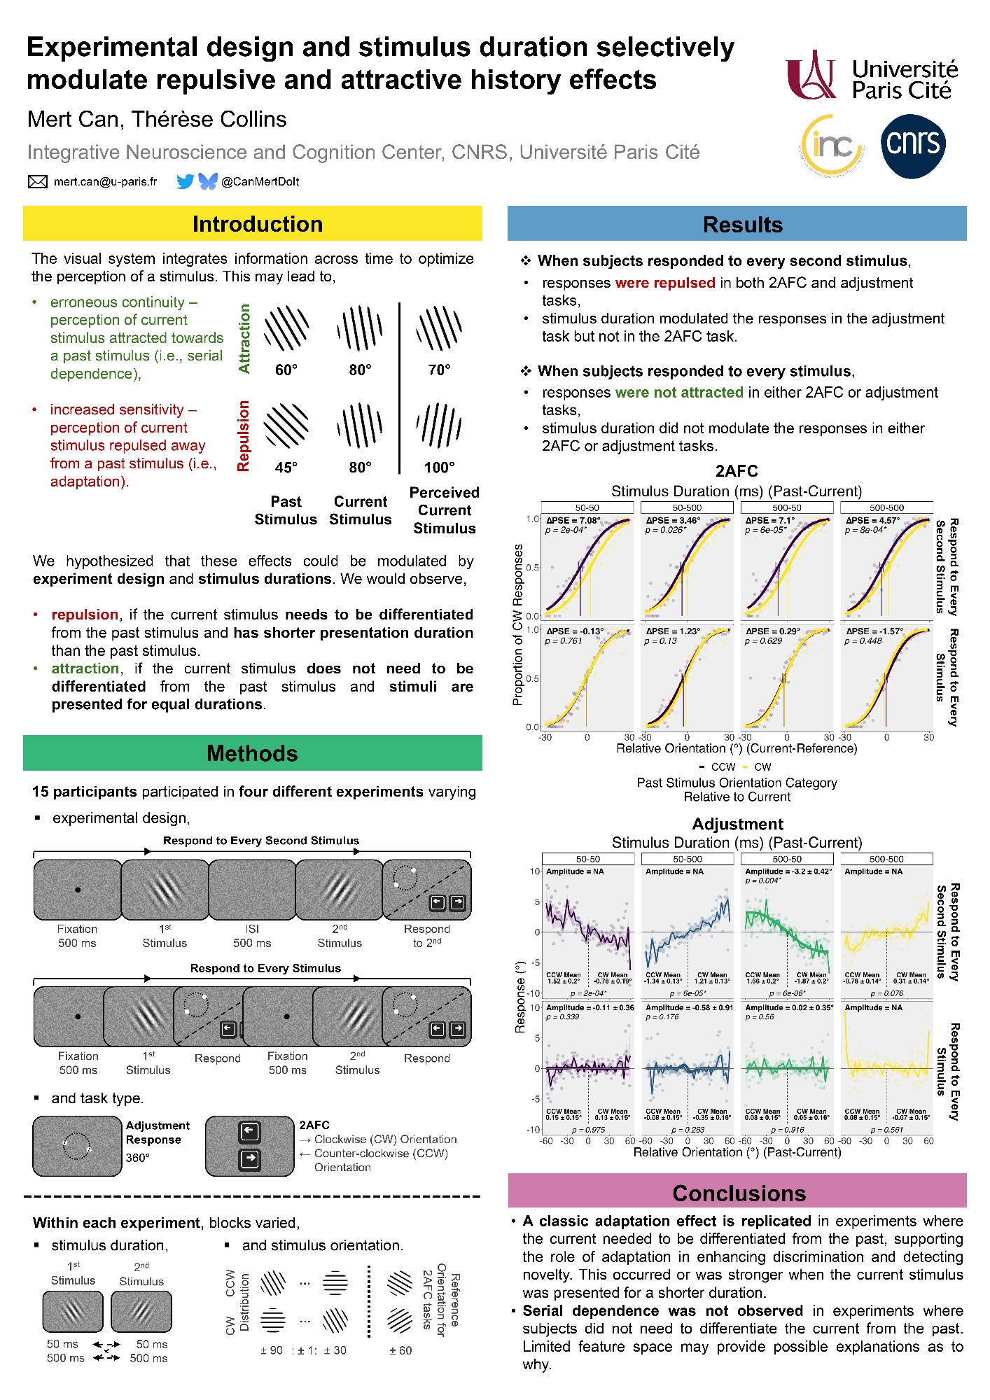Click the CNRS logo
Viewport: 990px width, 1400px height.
pyautogui.click(x=913, y=146)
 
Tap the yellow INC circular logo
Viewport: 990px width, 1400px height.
pyautogui.click(x=832, y=145)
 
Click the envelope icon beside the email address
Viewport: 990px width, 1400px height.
pyautogui.click(x=37, y=182)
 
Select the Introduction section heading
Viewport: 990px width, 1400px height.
pyautogui.click(x=257, y=224)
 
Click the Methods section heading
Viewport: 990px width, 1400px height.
pyautogui.click(x=252, y=753)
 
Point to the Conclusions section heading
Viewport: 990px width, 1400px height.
pyautogui.click(x=739, y=1193)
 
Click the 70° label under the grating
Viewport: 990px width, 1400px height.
pyautogui.click(x=439, y=370)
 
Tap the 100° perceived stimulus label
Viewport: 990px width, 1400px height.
pyautogui.click(x=439, y=467)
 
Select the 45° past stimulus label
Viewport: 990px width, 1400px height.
pyautogui.click(x=286, y=467)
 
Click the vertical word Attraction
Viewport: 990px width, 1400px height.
pyautogui.click(x=244, y=338)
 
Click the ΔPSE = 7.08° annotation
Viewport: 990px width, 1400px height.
pyautogui.click(x=573, y=521)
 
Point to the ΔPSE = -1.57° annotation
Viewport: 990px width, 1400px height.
pyautogui.click(x=874, y=631)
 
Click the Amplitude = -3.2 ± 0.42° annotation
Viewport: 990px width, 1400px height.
pyautogui.click(x=788, y=871)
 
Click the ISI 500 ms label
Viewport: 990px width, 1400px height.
pyautogui.click(x=252, y=936)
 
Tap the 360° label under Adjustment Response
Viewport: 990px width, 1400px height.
pyautogui.click(x=137, y=1158)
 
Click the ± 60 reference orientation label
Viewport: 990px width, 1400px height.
pyautogui.click(x=400, y=1350)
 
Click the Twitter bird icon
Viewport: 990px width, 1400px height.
pyautogui.click(x=185, y=182)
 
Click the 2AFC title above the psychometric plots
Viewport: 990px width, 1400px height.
pyautogui.click(x=737, y=471)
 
